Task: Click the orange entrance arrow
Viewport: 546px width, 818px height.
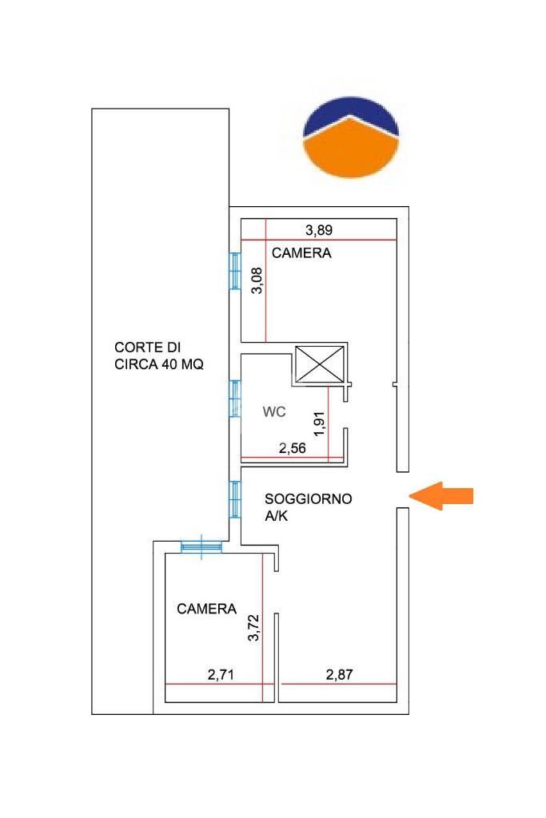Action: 441,495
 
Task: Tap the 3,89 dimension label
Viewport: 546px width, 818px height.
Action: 319,231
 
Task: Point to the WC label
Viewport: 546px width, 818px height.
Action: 274,411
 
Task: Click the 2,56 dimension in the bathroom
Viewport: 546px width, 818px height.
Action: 292,448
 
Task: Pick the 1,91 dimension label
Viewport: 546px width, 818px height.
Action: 319,423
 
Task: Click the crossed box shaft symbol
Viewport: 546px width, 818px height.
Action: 320,367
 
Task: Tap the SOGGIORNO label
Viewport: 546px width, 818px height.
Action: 309,499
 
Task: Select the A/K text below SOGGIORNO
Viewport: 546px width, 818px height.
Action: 277,517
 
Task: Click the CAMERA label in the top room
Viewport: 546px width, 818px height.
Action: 301,254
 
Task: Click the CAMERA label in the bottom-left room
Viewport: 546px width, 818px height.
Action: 207,609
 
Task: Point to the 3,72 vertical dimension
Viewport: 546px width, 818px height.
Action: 254,629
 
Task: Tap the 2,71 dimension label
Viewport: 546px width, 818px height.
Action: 221,675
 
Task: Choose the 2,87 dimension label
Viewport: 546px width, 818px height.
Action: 340,675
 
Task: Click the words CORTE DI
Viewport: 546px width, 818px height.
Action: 147,347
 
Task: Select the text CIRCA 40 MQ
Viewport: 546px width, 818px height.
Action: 159,365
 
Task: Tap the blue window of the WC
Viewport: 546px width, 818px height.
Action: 235,398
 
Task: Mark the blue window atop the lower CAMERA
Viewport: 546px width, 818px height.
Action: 201,546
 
